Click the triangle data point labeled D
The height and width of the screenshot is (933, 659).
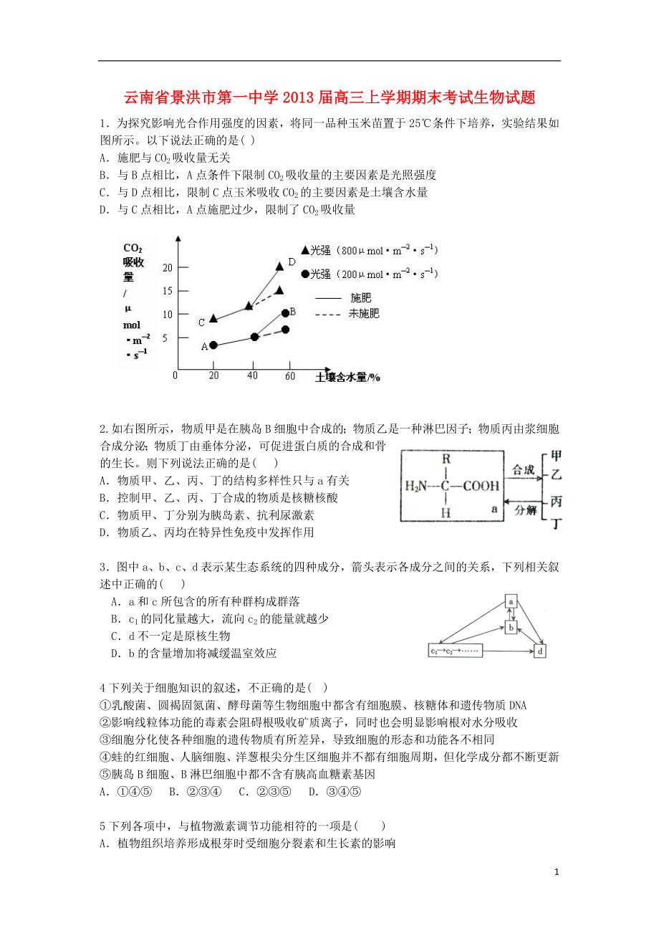pos(279,267)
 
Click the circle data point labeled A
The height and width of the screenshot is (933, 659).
pos(213,345)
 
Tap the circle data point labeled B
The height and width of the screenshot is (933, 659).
pos(285,313)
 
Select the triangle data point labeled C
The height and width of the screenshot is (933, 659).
pos(213,318)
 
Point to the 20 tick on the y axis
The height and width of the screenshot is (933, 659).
pos(168,267)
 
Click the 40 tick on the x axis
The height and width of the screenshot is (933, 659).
pos(251,376)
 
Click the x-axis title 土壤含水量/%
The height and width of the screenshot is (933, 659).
pos(347,377)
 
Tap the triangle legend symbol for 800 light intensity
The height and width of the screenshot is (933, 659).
pos(306,251)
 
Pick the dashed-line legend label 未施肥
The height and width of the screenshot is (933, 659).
pos(364,313)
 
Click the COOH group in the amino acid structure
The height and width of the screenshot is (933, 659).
pos(481,486)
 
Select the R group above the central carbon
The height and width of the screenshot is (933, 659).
pos(446,459)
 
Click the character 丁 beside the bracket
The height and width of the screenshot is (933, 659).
pos(556,524)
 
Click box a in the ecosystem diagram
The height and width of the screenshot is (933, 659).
pos(511,601)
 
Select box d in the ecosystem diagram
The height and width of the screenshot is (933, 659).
pos(541,651)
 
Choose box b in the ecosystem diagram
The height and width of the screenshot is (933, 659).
pos(511,628)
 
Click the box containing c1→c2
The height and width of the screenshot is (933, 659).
pos(456,651)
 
